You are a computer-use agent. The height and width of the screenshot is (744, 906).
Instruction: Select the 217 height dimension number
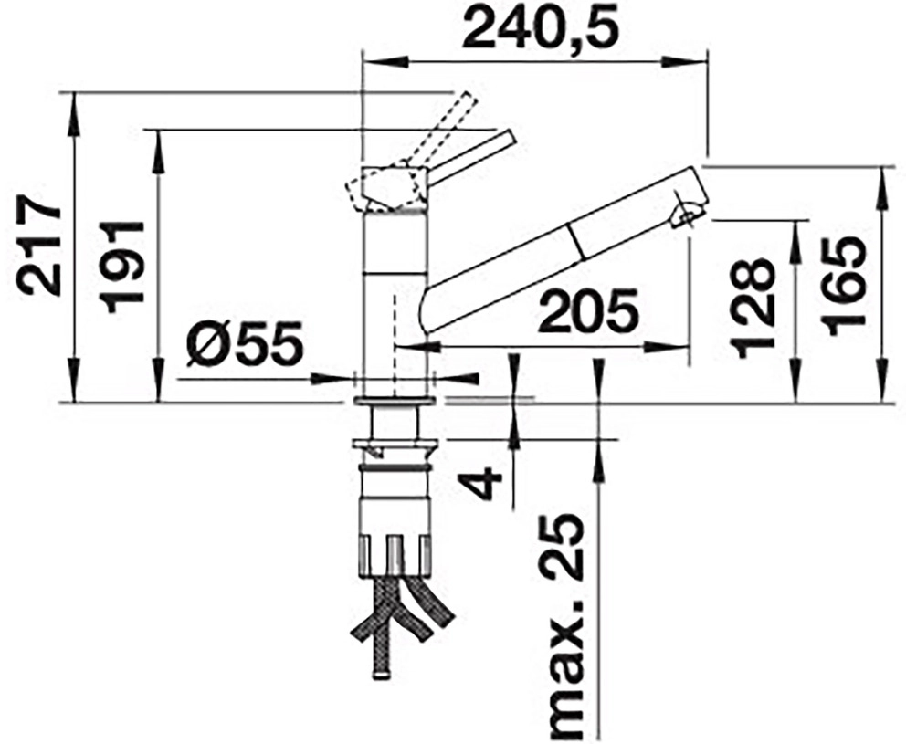[38, 246]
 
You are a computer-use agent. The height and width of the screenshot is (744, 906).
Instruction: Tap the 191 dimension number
[121, 267]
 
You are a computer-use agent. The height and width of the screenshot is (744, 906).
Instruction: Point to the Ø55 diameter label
[245, 343]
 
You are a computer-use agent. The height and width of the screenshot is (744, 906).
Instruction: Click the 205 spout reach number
[588, 311]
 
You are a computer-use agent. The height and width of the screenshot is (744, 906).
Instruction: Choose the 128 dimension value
[752, 308]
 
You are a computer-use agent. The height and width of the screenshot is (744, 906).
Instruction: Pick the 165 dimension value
[844, 287]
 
